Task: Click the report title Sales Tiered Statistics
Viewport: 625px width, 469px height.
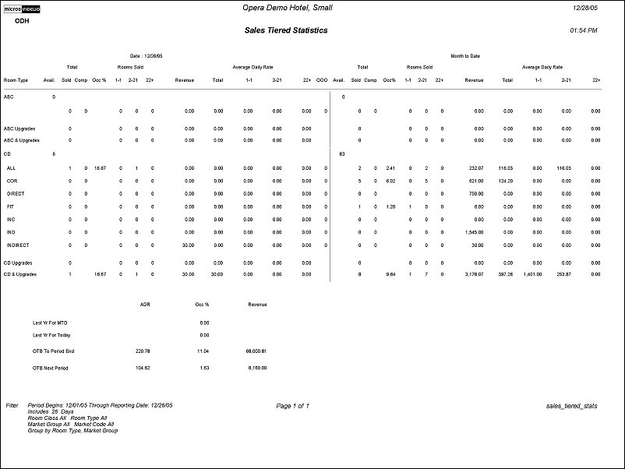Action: click(x=286, y=30)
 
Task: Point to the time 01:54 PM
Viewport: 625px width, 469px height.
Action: click(x=584, y=30)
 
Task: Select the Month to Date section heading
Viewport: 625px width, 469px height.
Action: click(x=465, y=56)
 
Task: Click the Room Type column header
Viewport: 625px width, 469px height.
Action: click(x=16, y=79)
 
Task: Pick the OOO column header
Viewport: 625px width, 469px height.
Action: click(x=321, y=79)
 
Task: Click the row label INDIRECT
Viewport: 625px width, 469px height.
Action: click(x=17, y=244)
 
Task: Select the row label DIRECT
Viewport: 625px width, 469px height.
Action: click(x=16, y=193)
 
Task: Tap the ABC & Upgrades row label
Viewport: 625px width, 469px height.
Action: click(x=20, y=141)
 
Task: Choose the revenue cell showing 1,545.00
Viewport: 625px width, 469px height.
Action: click(x=474, y=231)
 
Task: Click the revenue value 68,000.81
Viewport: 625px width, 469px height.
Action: click(x=256, y=351)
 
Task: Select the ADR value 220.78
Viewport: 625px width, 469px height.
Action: click(x=142, y=351)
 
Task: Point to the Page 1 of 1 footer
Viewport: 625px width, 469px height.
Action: click(x=292, y=406)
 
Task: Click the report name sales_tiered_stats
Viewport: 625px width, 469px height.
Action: click(x=573, y=406)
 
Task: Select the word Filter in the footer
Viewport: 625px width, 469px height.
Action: click(x=12, y=406)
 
